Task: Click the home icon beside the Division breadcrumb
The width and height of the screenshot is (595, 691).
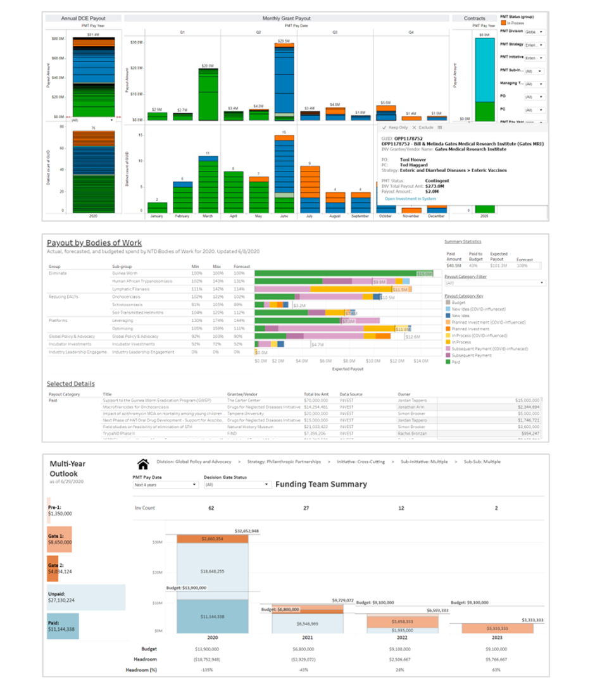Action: [x=144, y=464]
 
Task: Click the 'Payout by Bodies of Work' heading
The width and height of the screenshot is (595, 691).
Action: [x=94, y=243]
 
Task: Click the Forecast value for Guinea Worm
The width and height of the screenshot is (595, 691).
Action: [x=240, y=273]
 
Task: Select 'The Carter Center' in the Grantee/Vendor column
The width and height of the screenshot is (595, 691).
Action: [x=244, y=401]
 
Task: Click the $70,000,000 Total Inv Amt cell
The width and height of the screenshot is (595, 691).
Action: [x=316, y=401]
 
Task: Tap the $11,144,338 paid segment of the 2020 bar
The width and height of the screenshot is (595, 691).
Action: [x=212, y=615]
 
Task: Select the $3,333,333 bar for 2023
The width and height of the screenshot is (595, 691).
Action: [x=500, y=628]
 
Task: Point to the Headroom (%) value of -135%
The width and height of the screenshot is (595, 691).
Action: [x=212, y=669]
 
